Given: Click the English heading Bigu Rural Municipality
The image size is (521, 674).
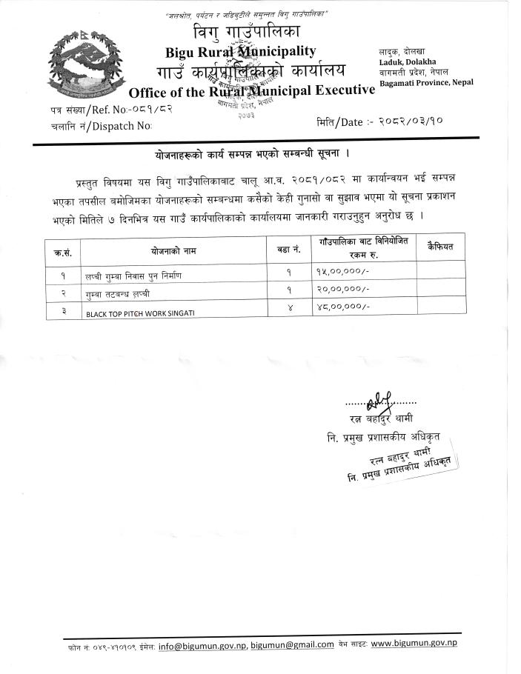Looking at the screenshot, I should coord(241,52).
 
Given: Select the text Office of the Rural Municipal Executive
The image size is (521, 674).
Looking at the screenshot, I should coord(251,91).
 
